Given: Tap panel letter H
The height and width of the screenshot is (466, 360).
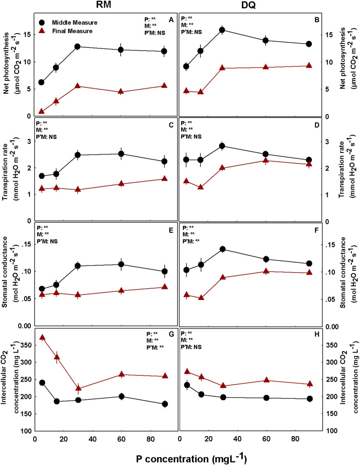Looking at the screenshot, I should tap(315, 334).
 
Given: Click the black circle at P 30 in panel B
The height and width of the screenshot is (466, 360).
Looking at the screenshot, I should tap(222, 30).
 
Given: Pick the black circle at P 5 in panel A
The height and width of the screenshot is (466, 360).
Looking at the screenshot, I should tap(42, 82).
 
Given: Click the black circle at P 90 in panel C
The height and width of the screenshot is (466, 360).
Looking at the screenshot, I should tap(164, 161).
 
